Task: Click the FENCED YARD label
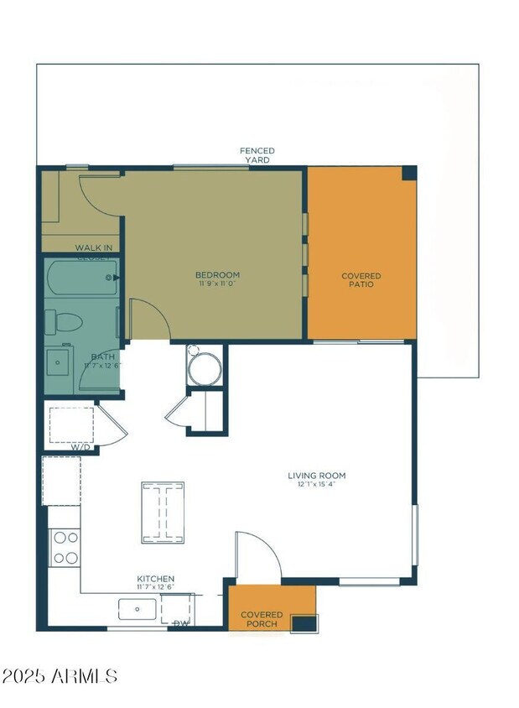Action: (x=257, y=155)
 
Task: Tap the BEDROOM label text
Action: (x=217, y=275)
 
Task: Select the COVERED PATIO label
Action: (x=361, y=280)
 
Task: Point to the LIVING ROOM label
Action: (x=321, y=476)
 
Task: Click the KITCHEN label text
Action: (x=156, y=579)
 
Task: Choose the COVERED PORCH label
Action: (x=262, y=619)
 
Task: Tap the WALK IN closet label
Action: (x=94, y=247)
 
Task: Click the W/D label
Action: (x=80, y=447)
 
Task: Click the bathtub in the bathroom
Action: (x=81, y=277)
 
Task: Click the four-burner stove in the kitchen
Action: (x=65, y=547)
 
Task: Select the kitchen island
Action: (x=163, y=512)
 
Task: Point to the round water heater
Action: (x=205, y=369)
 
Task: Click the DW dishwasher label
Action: (x=180, y=623)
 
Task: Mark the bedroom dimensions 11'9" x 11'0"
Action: (x=217, y=284)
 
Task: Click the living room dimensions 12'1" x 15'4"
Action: (x=321, y=485)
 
